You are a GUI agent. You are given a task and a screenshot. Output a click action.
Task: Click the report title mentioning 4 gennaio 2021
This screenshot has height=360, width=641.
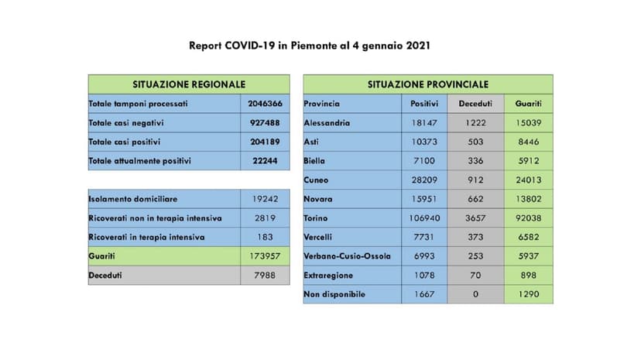click(310, 46)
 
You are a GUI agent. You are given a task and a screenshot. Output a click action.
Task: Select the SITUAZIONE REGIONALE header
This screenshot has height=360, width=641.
click(189, 84)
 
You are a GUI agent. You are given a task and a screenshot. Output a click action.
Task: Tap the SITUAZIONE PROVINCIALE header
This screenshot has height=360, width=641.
click(427, 84)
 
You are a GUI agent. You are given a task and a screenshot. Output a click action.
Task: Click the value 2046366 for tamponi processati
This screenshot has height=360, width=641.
click(265, 104)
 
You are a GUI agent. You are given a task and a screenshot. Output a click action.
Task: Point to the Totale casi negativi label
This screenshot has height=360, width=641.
click(127, 122)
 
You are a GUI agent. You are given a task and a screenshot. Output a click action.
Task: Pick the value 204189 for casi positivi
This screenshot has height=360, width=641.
click(265, 142)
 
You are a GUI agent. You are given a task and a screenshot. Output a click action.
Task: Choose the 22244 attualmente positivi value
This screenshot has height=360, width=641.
click(265, 161)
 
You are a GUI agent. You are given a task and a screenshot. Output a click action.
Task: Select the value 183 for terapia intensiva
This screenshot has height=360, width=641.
click(265, 237)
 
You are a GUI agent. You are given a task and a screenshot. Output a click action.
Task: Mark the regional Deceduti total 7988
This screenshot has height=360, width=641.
click(265, 275)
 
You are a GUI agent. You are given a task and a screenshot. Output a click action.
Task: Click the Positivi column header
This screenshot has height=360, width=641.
click(424, 104)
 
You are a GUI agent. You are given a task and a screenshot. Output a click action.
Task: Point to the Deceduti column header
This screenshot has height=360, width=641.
click(475, 104)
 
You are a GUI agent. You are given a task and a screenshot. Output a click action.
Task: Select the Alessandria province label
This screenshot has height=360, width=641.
click(327, 122)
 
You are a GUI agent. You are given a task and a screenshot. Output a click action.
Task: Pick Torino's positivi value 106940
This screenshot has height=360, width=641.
click(424, 218)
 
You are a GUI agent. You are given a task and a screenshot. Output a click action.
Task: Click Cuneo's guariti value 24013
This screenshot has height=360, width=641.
click(528, 180)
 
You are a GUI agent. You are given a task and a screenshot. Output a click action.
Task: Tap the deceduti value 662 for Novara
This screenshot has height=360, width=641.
click(475, 199)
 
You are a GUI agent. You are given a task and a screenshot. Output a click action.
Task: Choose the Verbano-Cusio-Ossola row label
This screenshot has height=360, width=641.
click(348, 256)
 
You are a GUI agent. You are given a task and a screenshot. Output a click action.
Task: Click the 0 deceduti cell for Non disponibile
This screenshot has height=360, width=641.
click(475, 294)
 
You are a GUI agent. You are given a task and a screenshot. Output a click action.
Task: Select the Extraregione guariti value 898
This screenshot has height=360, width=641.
click(528, 275)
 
